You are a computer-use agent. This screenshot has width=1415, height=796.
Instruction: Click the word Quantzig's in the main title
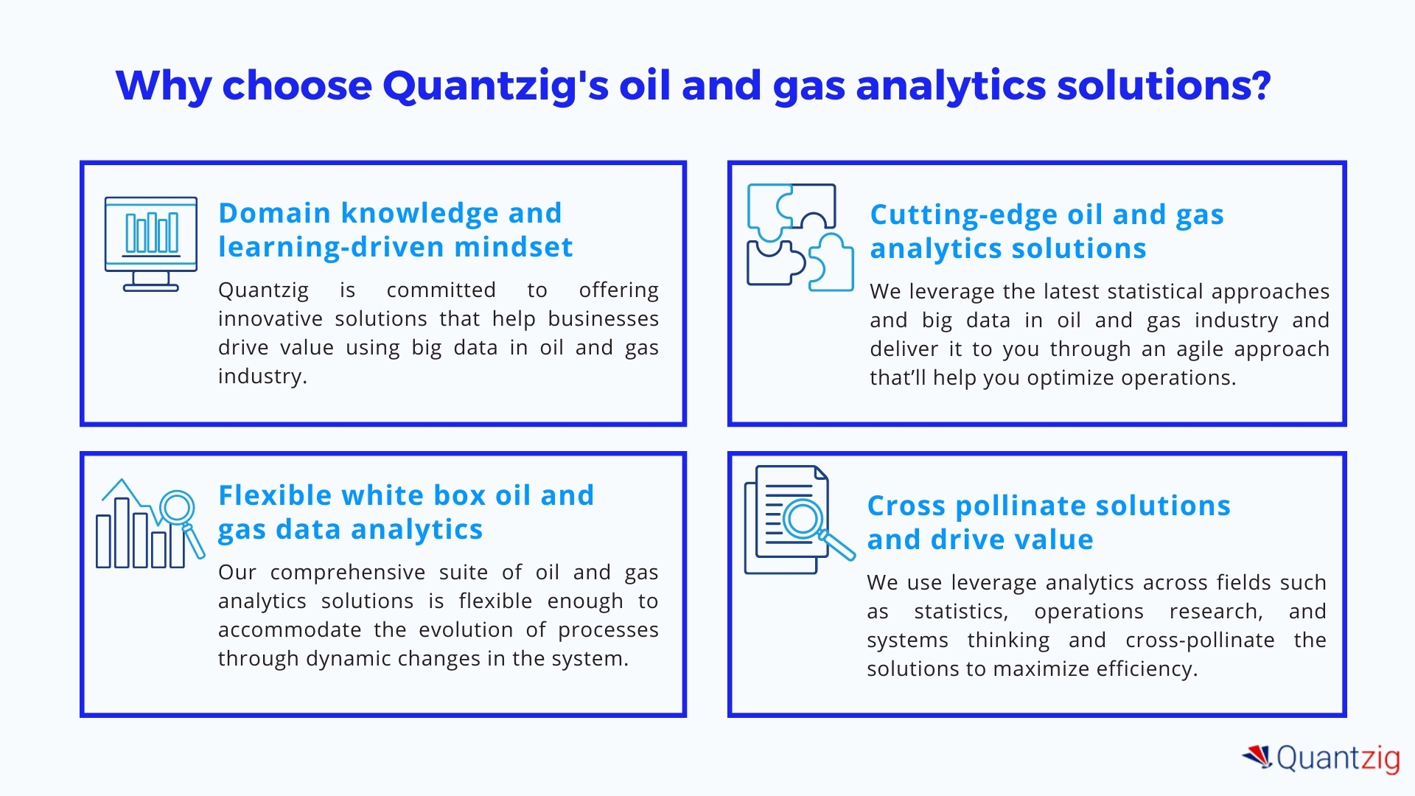click(x=495, y=86)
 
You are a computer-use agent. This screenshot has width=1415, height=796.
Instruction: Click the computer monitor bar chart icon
click(x=151, y=244)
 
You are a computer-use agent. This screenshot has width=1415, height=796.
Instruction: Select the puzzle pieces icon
click(x=800, y=237)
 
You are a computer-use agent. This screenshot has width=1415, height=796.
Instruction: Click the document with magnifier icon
click(x=800, y=520)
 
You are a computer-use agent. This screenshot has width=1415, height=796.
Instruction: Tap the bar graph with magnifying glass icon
click(x=150, y=524)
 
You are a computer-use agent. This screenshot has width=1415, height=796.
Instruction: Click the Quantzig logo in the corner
click(x=1321, y=758)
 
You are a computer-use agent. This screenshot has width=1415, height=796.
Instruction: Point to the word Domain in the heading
click(x=274, y=213)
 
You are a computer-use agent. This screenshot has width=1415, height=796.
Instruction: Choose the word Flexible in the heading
click(x=275, y=495)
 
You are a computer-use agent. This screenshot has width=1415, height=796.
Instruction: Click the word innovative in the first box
click(x=270, y=318)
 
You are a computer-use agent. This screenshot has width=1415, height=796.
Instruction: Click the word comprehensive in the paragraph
click(x=348, y=573)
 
